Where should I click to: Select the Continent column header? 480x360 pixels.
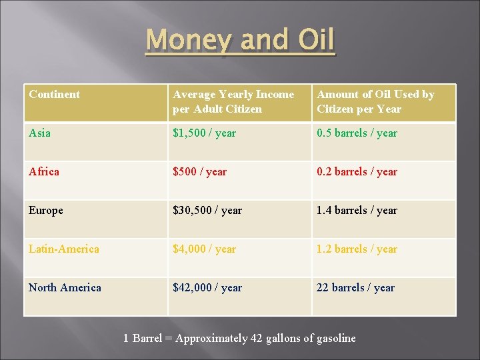(x=54, y=95)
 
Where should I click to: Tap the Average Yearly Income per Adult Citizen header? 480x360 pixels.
(x=233, y=101)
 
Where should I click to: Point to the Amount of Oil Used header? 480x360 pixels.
(x=375, y=101)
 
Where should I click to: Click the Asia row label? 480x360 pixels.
(x=39, y=133)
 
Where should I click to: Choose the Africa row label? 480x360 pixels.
(x=44, y=172)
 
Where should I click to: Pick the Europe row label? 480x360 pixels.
(x=46, y=211)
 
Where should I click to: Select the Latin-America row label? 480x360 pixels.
(x=64, y=249)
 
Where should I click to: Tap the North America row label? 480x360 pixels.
(x=65, y=288)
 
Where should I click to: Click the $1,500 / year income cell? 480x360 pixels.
(x=204, y=133)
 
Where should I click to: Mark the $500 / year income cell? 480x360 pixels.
(x=199, y=172)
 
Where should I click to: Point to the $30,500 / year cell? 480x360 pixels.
(x=207, y=211)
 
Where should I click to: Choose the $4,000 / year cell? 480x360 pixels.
(x=204, y=249)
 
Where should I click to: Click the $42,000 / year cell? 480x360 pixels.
(x=207, y=288)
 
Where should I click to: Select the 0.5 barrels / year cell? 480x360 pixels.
(x=357, y=133)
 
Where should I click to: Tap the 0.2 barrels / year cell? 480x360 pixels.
(x=357, y=172)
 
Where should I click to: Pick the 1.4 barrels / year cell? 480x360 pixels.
(x=357, y=211)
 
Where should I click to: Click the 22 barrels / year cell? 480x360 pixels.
(x=355, y=288)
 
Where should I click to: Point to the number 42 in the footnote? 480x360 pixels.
(x=257, y=339)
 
